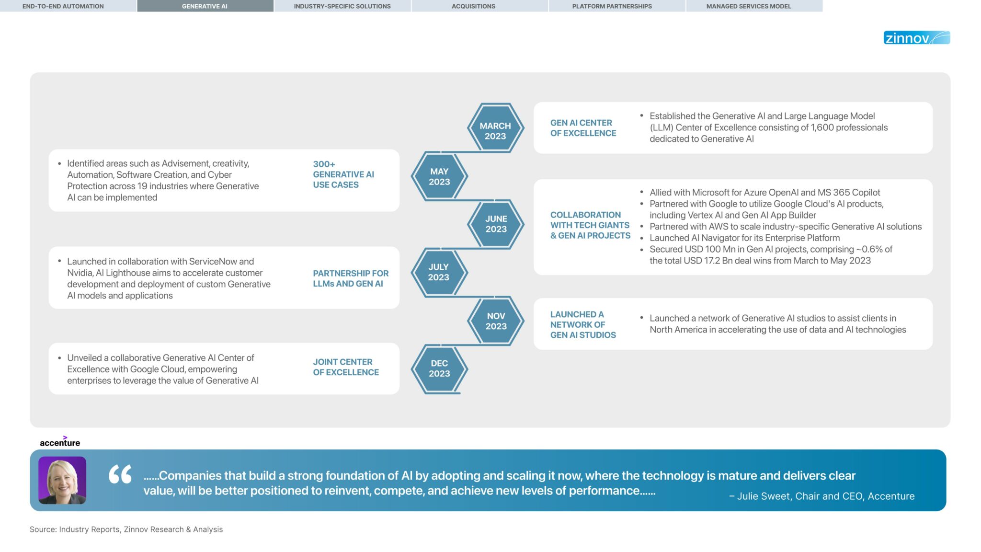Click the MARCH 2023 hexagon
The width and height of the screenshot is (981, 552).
[495, 128]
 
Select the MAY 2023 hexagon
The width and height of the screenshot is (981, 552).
[439, 176]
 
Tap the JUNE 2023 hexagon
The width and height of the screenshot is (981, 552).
[496, 224]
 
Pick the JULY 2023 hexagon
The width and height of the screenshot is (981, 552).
[438, 272]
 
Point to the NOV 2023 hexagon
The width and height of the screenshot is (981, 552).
[496, 321]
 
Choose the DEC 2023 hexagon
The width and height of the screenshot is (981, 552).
[439, 368]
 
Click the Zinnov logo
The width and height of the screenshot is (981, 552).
[916, 38]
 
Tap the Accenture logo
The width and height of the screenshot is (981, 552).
[60, 442]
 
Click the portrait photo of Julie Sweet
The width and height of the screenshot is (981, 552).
[62, 480]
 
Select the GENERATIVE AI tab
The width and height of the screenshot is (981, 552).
[205, 6]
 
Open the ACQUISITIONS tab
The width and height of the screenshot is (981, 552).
[473, 6]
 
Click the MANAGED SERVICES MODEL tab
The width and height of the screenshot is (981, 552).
[748, 6]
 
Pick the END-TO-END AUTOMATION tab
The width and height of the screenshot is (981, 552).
[63, 6]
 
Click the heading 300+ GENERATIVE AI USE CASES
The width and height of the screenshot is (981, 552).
[343, 174]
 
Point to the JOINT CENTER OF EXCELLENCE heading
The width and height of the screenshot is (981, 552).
[345, 367]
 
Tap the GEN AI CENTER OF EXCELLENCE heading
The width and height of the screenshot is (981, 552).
[583, 128]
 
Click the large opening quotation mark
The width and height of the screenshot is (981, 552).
[120, 474]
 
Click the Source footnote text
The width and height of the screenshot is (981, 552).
[126, 529]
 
